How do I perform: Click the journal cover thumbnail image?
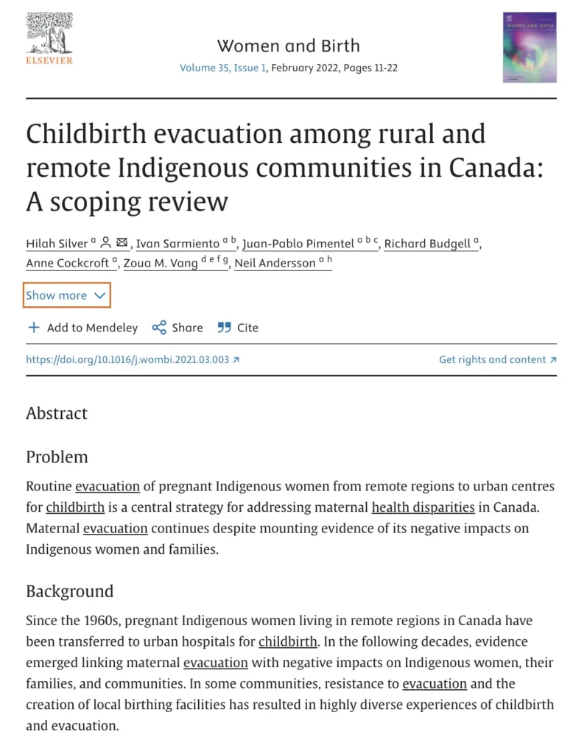[529, 47]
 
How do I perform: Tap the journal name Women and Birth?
[288, 46]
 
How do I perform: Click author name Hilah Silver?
[57, 244]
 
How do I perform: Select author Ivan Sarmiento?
[177, 244]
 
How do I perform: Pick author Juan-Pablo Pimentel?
[298, 244]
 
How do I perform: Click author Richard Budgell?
[428, 244]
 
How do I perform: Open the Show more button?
[67, 295]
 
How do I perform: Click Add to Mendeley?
[82, 328]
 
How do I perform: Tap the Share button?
[177, 328]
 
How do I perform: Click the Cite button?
[238, 328]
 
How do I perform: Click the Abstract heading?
[57, 413]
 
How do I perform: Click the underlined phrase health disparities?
[423, 507]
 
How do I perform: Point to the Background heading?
[70, 591]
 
